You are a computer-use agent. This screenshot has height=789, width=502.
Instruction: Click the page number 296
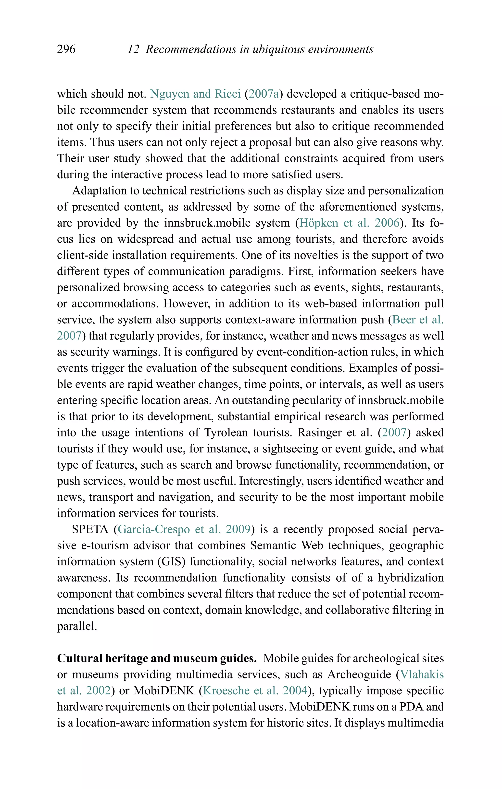pos(66,50)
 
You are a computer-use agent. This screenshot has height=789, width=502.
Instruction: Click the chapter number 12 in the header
pos(133,50)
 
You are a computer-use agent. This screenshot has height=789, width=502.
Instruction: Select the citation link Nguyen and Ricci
pos(195,94)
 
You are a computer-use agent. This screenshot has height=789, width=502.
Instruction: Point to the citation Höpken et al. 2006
pos(349,223)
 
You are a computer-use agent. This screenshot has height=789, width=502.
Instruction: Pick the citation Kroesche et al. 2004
pos(255,691)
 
